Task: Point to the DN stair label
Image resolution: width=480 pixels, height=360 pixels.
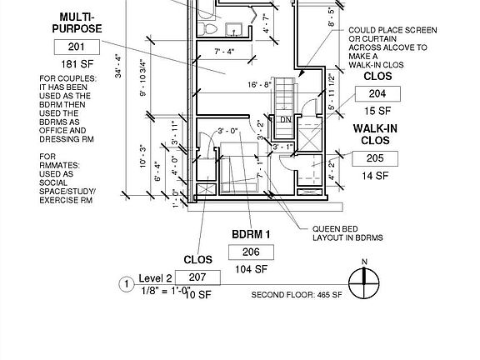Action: (x=284, y=119)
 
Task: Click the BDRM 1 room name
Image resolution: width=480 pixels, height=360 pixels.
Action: (x=251, y=234)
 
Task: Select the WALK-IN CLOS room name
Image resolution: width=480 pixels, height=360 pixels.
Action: (x=375, y=133)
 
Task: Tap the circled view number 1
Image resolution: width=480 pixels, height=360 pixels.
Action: (x=127, y=284)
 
